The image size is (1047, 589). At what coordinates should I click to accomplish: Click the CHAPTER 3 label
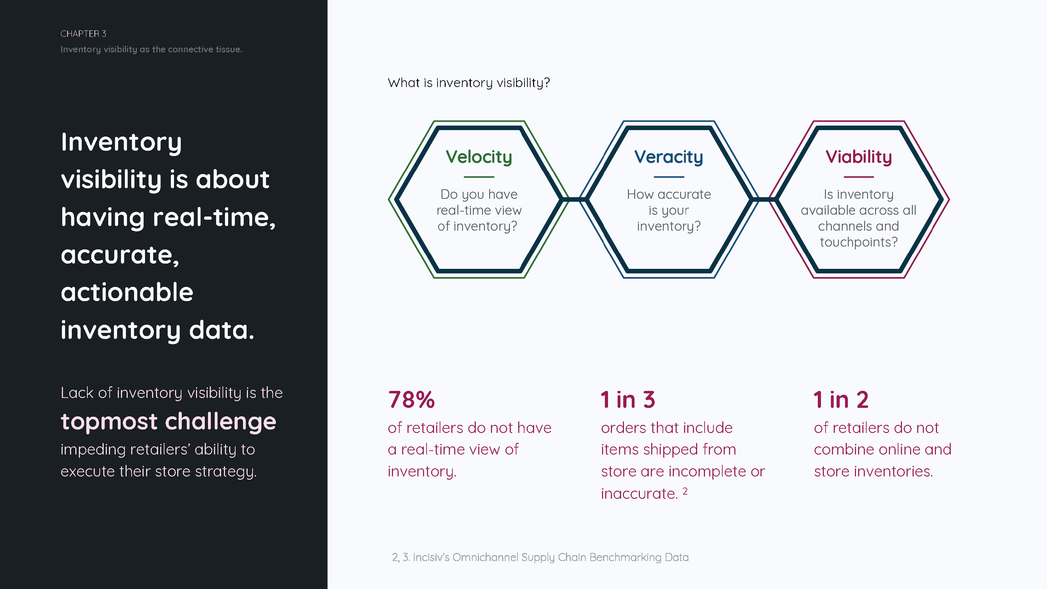pyautogui.click(x=83, y=34)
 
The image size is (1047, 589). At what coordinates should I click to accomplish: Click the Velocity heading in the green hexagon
pyautogui.click(x=479, y=157)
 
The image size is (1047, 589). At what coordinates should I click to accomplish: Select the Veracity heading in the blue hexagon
pyautogui.click(x=669, y=157)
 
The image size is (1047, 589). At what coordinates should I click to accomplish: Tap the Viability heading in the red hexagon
pyautogui.click(x=858, y=157)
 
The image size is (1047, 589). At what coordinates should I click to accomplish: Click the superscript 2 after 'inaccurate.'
pyautogui.click(x=685, y=491)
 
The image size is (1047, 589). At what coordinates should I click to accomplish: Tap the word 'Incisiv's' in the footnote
pyautogui.click(x=431, y=557)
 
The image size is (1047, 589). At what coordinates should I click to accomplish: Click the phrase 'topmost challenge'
pyautogui.click(x=168, y=422)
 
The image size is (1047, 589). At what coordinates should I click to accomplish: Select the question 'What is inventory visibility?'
pyautogui.click(x=469, y=83)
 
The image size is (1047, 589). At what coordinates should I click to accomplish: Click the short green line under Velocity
pyautogui.click(x=479, y=177)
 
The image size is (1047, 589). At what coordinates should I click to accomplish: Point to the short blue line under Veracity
pyautogui.click(x=669, y=177)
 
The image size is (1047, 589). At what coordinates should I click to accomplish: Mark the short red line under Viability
pyautogui.click(x=858, y=177)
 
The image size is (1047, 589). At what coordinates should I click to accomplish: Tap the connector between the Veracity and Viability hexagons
pyautogui.click(x=764, y=199)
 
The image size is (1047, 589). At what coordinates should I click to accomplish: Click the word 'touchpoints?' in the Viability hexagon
pyautogui.click(x=858, y=242)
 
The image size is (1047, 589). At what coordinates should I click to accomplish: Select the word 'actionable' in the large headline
pyautogui.click(x=127, y=292)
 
